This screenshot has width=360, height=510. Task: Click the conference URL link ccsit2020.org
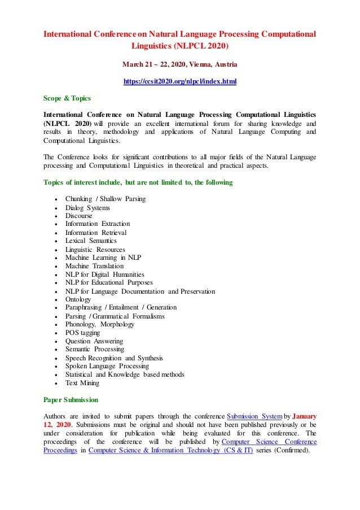[179, 82]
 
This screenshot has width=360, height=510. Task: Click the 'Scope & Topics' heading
[66, 98]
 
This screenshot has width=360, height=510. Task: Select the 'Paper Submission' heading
[71, 400]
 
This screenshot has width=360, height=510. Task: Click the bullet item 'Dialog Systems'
[87, 207]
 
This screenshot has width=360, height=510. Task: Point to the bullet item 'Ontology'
[78, 299]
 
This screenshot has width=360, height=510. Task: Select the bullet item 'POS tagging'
[82, 333]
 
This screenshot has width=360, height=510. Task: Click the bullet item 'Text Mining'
[82, 383]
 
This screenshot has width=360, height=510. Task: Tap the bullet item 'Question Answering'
[94, 341]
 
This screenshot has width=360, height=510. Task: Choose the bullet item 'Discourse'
[78, 216]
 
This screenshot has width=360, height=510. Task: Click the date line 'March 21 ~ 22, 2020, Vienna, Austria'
[179, 64]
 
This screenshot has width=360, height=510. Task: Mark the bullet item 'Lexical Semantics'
[91, 241]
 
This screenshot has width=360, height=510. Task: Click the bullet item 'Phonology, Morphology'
[99, 324]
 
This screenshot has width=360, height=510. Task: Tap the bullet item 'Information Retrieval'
[95, 232]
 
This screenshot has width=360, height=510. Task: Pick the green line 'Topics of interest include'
[138, 182]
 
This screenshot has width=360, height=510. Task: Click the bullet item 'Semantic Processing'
[95, 350]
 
